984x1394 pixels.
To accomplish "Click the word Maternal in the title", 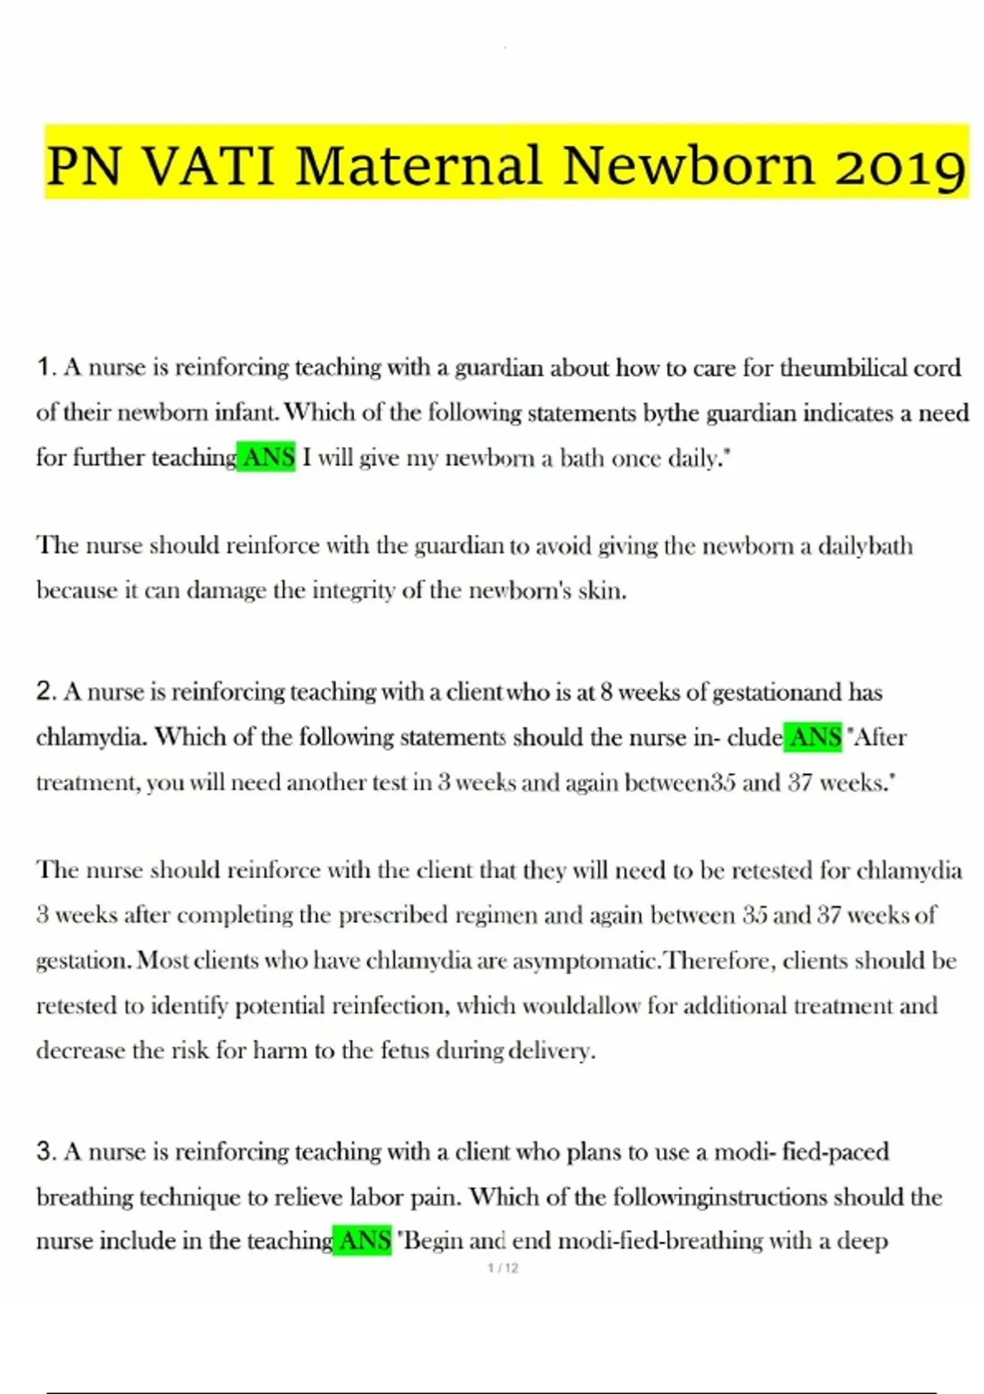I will pos(419,165).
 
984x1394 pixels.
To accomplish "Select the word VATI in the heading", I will pos(209,165).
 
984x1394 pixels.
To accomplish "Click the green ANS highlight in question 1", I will pos(267,458).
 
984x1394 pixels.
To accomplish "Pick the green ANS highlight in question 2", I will pos(813,737).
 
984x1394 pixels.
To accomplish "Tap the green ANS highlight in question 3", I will pos(363,1241).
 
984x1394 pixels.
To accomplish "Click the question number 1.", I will pos(44,367).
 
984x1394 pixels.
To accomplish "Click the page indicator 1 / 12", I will pos(503,1269).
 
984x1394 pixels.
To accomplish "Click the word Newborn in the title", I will pos(689,165).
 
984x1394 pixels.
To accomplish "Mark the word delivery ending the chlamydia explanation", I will pos(551,1050).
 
